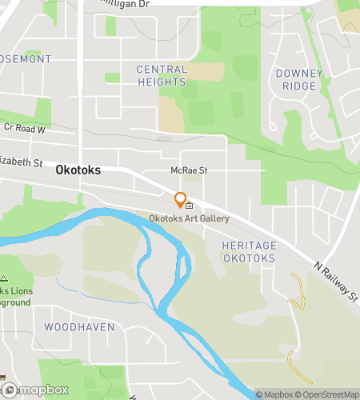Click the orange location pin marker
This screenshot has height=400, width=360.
point(181,198)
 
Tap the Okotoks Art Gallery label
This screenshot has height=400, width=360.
point(189,218)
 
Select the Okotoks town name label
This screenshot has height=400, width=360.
point(77,170)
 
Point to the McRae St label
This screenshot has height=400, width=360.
point(189,170)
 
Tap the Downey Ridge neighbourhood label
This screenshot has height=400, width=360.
point(298,78)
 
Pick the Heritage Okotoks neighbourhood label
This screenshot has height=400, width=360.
point(249,252)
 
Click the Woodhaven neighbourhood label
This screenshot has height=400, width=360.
point(79,327)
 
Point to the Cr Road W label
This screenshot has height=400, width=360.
point(25,128)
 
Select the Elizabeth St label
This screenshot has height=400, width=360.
point(22,162)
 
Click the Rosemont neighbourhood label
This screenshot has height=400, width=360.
point(25,59)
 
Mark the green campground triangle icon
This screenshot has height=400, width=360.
point(5,279)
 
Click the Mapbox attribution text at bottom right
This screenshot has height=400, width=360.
point(273,394)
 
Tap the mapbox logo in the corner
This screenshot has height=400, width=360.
point(35,390)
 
